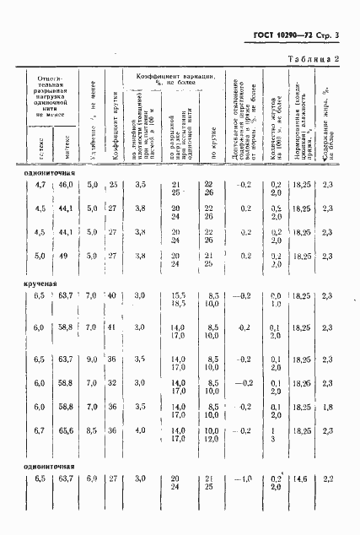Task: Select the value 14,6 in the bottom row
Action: point(299,478)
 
